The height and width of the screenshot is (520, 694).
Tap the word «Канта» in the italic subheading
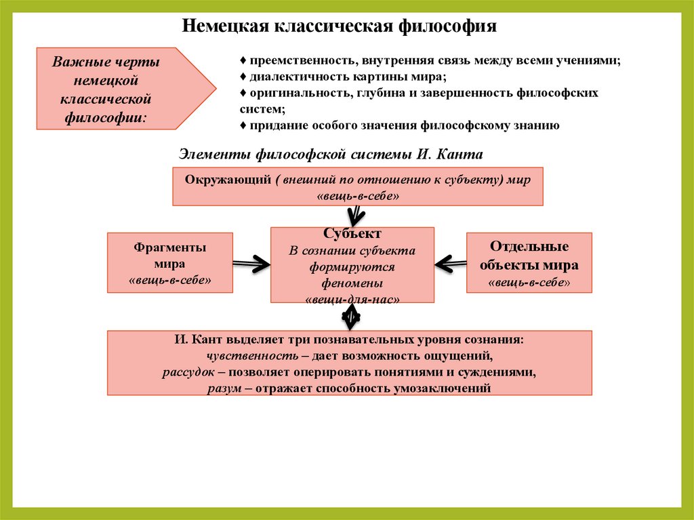tap(461, 155)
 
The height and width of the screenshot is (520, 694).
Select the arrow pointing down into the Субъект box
tap(354, 217)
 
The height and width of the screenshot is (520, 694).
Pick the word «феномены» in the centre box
tap(352, 283)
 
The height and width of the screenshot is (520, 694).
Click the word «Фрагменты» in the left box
tap(170, 247)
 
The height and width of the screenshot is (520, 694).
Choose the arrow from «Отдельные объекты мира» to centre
tap(450, 262)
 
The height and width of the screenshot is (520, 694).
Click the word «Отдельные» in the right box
tap(529, 247)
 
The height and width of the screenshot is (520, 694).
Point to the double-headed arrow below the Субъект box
tap(351, 317)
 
